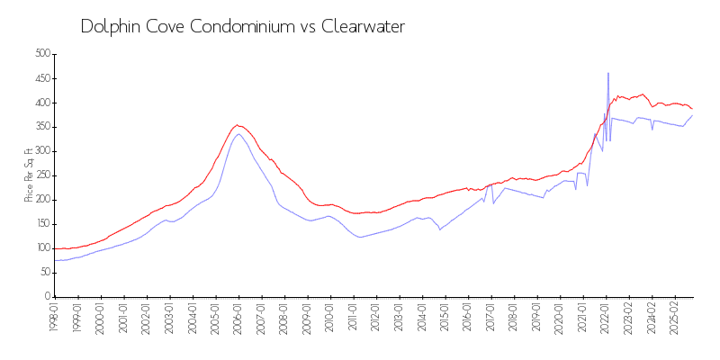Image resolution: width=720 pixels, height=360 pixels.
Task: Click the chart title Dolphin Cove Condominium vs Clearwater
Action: (242, 27)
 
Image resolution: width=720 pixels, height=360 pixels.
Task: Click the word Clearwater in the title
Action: (361, 27)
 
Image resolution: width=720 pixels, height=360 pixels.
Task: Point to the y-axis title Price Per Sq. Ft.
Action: (29, 175)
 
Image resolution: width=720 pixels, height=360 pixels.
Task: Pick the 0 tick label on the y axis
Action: (46, 297)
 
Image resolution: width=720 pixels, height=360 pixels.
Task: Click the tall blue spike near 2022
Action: (608, 74)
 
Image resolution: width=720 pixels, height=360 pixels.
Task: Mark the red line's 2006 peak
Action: (237, 125)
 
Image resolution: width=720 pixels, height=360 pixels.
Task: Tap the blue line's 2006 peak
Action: (238, 134)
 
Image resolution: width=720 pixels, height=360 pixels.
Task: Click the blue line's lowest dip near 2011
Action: (360, 237)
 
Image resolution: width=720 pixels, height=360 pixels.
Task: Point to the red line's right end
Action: (692, 109)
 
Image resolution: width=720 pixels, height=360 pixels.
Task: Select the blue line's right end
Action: (692, 115)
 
